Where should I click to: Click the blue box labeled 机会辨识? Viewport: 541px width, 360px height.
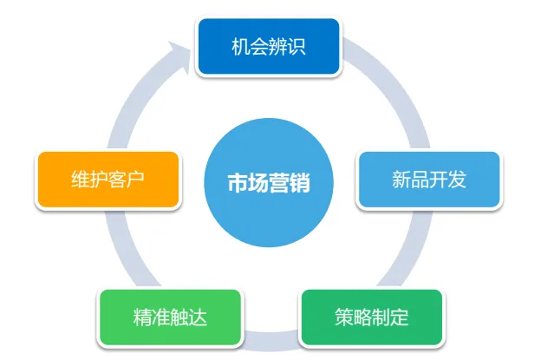(x=269, y=47)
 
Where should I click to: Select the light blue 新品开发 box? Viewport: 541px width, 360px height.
(x=429, y=180)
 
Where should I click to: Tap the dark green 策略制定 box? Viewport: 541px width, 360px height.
(x=371, y=317)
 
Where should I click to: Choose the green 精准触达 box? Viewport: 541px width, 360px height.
(x=170, y=317)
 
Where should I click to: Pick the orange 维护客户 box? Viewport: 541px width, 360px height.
(x=108, y=180)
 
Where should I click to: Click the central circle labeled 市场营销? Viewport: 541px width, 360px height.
(x=269, y=183)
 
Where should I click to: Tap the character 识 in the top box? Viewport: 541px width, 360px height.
(x=297, y=47)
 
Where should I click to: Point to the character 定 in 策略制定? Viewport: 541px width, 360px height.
(x=400, y=317)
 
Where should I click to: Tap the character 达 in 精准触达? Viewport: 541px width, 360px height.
(x=199, y=317)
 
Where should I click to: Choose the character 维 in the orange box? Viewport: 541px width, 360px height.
(x=80, y=180)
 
